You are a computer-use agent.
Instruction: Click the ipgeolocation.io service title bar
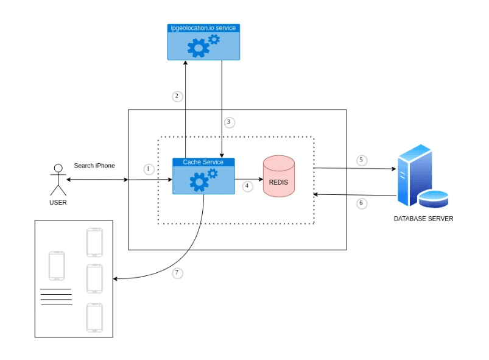point(203,28)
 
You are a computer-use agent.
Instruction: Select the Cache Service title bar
point(203,162)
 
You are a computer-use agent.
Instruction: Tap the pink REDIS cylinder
point(278,177)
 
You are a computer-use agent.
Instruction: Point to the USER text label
point(58,203)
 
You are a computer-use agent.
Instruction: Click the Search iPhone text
point(94,166)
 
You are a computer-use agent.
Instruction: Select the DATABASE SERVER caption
point(423,219)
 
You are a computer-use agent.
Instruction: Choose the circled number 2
point(177,96)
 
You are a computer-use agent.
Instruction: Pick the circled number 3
point(229,122)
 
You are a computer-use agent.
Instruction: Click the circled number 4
point(247,186)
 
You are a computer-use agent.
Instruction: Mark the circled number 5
point(361,160)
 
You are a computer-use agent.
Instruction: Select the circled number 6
point(361,203)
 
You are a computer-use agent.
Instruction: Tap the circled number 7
point(177,273)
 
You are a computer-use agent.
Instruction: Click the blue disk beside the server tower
point(433,199)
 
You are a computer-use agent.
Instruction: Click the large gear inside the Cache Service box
point(198,182)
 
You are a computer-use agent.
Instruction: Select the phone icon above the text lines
point(57,266)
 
